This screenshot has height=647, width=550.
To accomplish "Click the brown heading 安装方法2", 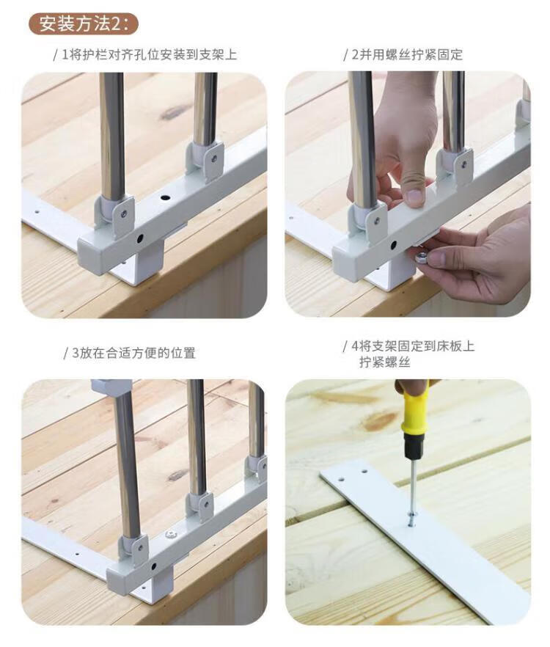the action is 83,24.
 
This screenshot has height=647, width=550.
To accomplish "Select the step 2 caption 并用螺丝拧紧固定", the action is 407,54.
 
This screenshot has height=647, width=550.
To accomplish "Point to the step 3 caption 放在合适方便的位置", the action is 133,353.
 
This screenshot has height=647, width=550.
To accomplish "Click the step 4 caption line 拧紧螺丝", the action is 384,362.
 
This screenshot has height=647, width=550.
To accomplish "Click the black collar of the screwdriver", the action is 414,447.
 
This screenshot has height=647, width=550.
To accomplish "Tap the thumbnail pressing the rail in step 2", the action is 414,197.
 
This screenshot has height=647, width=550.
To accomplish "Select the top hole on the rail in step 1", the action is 165,197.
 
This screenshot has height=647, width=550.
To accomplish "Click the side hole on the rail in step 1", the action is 141,238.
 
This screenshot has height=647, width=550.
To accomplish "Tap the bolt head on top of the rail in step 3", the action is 169,535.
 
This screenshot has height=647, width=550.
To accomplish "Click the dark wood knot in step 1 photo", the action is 173,112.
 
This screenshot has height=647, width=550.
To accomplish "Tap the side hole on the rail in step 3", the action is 153,566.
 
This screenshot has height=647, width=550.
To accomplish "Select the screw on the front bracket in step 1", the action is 124,213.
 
